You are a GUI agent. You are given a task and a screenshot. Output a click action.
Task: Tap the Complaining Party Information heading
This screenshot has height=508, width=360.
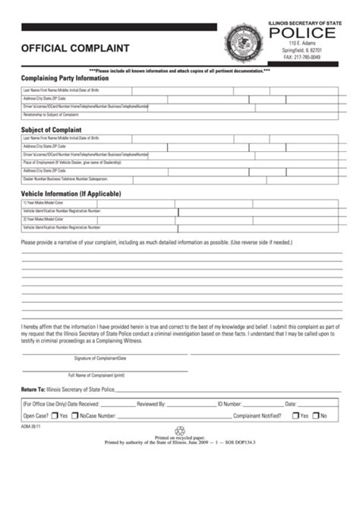[x=65, y=78]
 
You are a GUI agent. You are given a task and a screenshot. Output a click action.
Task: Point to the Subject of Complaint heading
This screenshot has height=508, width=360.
[x=52, y=130]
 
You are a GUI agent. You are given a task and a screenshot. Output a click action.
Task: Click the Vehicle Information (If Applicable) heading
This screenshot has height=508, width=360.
[x=71, y=194]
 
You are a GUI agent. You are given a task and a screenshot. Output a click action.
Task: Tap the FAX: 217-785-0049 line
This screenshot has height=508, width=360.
[x=302, y=57]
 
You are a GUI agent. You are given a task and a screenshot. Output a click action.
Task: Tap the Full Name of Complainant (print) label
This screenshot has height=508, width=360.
[x=97, y=374]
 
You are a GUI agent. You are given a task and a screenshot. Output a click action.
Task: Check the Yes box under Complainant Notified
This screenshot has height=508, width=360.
[x=295, y=416]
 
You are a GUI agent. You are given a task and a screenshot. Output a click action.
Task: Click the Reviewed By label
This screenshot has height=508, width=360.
[x=152, y=404]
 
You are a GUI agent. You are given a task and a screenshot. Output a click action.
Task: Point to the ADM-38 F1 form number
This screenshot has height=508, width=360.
[x=30, y=428]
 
